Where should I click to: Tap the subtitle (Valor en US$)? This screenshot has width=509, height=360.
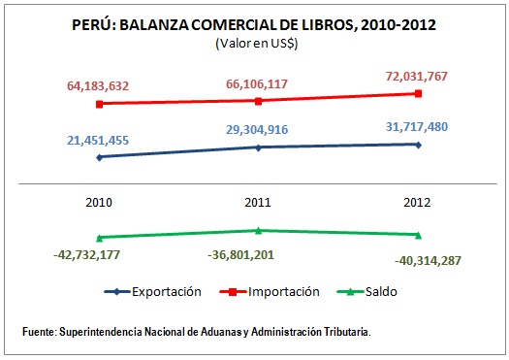(x=255, y=44)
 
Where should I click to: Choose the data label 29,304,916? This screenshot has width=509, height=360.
(x=258, y=129)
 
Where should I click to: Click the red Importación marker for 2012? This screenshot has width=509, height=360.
(x=418, y=93)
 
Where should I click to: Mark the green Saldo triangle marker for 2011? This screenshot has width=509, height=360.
(x=258, y=230)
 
